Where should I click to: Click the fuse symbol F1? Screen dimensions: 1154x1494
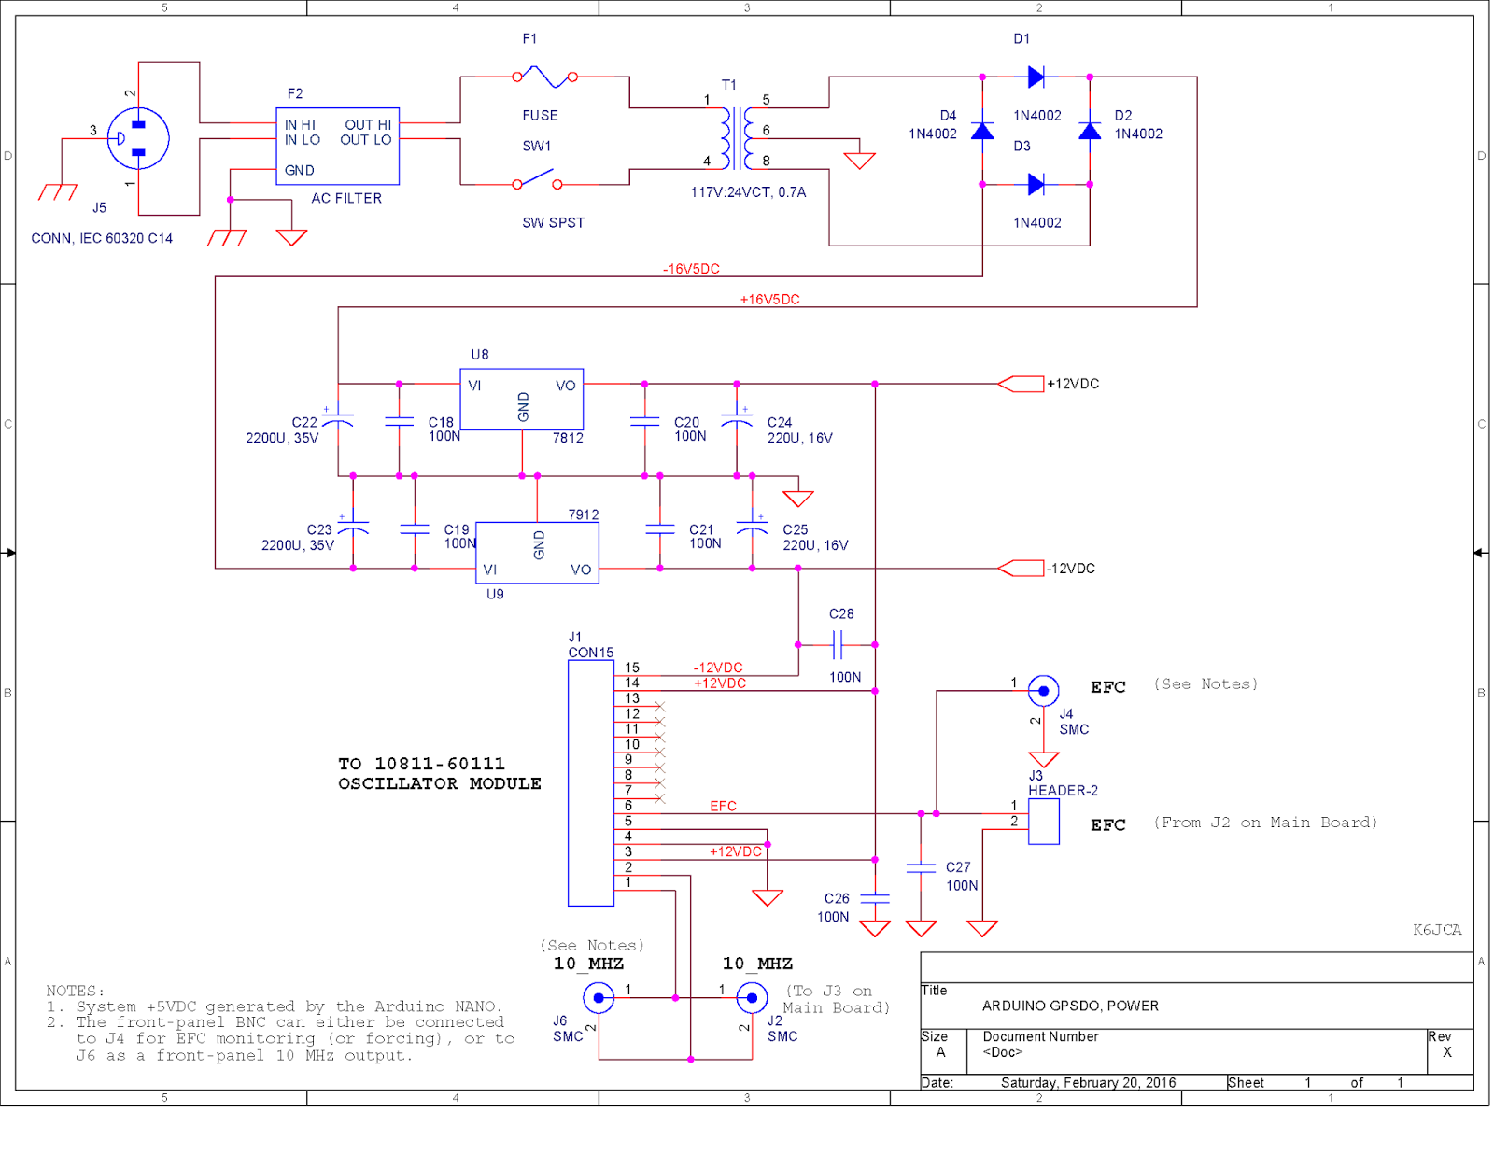click(x=544, y=77)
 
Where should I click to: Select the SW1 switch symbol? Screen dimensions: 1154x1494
click(x=537, y=179)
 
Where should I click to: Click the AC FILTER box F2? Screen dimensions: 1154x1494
click(x=337, y=147)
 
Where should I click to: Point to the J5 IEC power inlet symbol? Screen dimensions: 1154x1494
click(x=138, y=138)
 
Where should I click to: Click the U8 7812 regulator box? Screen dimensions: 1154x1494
click(x=521, y=400)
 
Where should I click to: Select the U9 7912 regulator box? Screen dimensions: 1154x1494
click(x=537, y=553)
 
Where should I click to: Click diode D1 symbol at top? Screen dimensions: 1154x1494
click(x=1036, y=77)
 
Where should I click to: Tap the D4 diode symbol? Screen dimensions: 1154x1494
click(x=982, y=131)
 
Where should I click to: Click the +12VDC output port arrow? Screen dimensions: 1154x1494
click(x=1021, y=384)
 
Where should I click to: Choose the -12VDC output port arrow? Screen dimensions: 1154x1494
click(x=1021, y=568)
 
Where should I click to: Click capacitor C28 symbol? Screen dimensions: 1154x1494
click(x=838, y=644)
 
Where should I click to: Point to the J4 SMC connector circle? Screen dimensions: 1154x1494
click(x=1043, y=691)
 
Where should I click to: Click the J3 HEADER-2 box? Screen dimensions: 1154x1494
click(x=1043, y=821)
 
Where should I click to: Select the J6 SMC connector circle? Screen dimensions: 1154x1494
click(x=599, y=998)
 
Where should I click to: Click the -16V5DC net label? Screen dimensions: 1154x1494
click(x=691, y=269)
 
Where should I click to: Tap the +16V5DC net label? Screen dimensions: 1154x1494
click(x=769, y=300)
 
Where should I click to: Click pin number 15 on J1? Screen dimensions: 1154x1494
click(x=632, y=668)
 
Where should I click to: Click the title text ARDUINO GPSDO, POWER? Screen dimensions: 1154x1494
click(x=1070, y=1006)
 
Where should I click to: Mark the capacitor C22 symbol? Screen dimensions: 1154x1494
click(x=338, y=420)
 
